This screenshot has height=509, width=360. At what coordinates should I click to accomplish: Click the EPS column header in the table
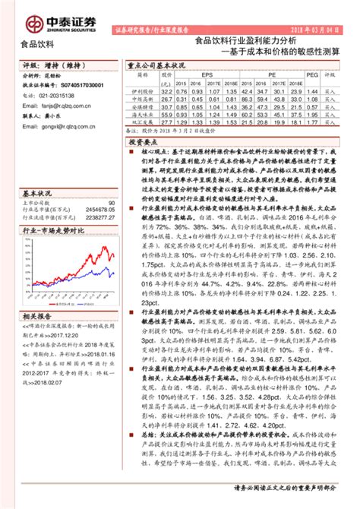tap(207, 75)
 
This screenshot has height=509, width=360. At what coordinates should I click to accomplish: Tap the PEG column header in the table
tap(311, 75)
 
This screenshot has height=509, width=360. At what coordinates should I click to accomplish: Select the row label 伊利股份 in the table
tap(139, 90)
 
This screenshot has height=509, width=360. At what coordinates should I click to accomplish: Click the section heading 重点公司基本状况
tap(156, 65)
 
